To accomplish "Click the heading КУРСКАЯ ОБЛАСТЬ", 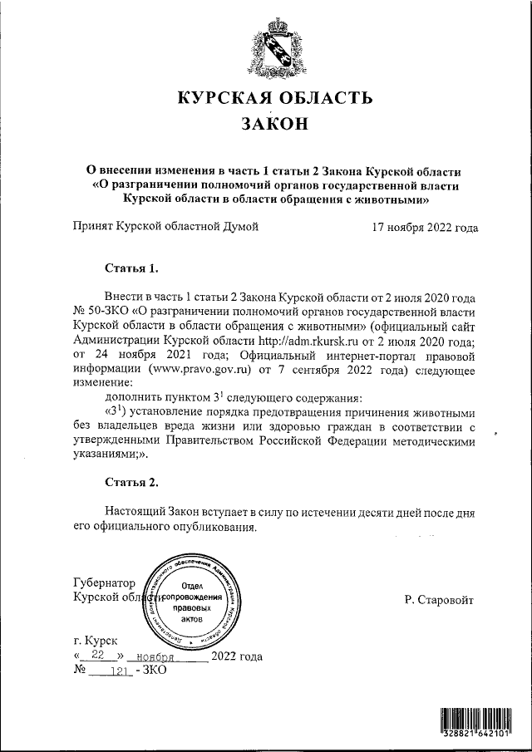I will point(273,99).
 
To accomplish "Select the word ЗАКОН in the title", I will point(273,125).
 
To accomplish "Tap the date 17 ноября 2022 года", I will point(425,226).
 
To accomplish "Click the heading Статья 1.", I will point(131,268).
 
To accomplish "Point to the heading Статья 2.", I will point(131,482).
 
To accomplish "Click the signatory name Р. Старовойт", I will point(439,599).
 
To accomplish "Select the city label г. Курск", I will point(96,641).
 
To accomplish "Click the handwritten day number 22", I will point(101,656).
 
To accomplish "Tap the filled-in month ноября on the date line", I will point(163,656).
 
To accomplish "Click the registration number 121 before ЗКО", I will point(121,671).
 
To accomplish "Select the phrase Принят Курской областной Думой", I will point(166,226).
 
